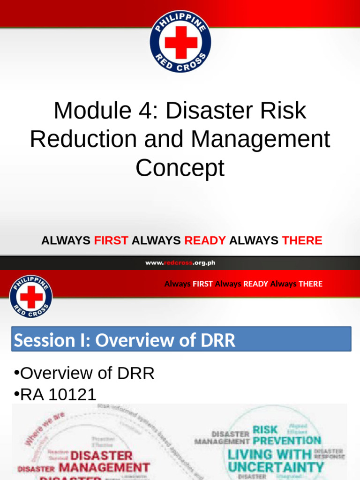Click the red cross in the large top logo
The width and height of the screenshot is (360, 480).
click(x=180, y=42)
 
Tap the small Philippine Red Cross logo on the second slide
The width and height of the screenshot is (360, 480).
click(x=30, y=296)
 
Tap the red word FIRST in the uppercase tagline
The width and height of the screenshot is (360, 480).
click(x=111, y=241)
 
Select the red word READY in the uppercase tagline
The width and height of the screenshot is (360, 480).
click(x=205, y=241)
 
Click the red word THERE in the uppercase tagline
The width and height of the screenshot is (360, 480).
click(x=302, y=241)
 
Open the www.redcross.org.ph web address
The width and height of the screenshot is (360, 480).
click(x=180, y=263)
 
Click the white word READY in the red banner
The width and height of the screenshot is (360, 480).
click(x=255, y=284)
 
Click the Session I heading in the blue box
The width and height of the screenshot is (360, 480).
click(x=125, y=340)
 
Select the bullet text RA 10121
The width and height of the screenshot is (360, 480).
click(x=59, y=395)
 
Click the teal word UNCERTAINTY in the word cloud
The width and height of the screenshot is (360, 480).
click(x=276, y=467)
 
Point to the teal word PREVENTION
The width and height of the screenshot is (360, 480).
click(x=287, y=441)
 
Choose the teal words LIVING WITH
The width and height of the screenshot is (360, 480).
click(x=270, y=454)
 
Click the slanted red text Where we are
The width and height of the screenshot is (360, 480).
click(x=45, y=429)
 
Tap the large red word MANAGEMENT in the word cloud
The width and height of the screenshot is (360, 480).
click(x=104, y=467)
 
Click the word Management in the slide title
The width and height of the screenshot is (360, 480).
click(x=261, y=139)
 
